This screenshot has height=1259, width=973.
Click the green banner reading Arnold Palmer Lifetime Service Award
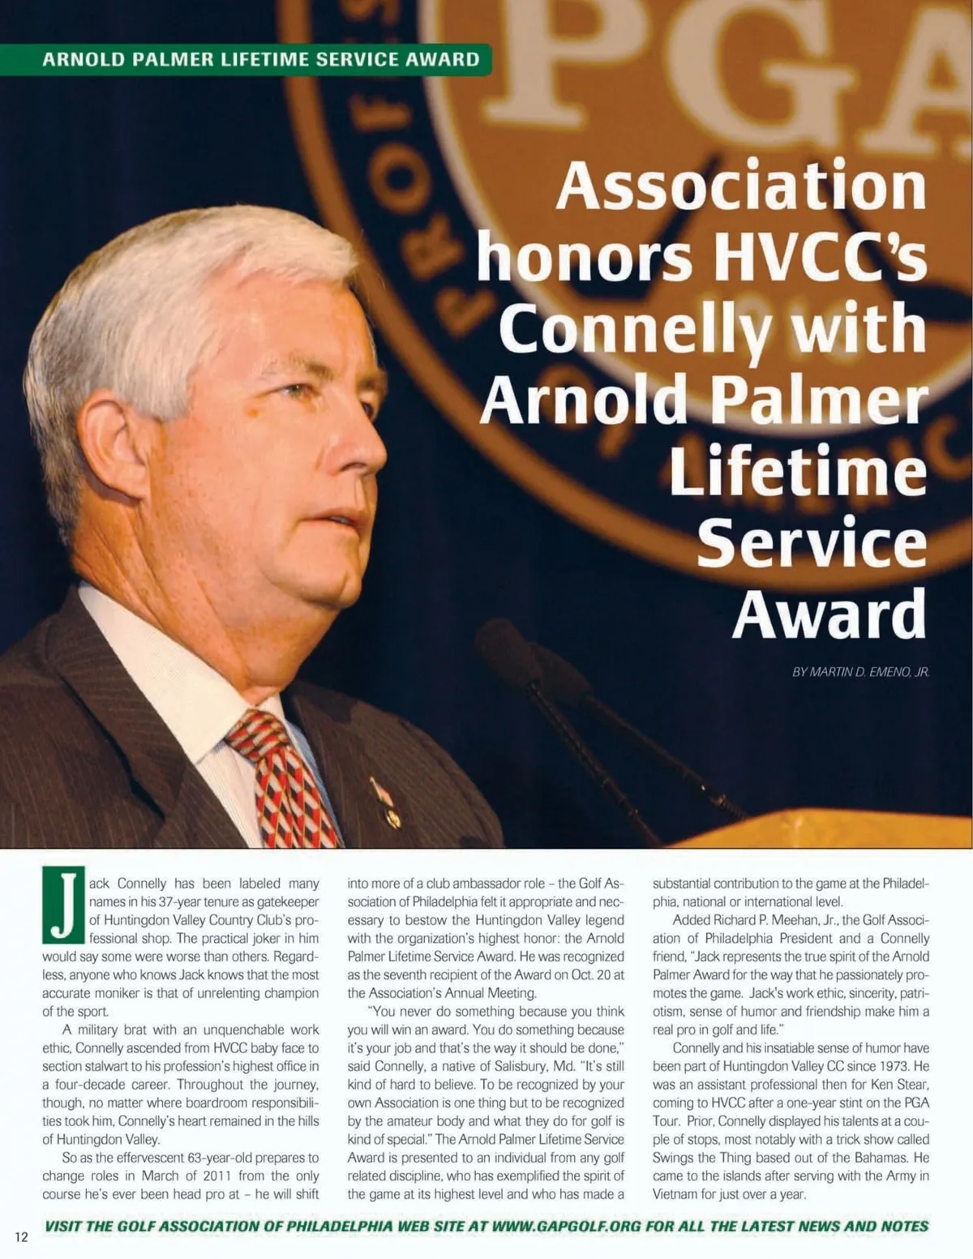[x=259, y=59]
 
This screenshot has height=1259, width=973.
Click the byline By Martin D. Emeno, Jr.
[x=860, y=672]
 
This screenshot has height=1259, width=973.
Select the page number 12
[x=21, y=1236]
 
